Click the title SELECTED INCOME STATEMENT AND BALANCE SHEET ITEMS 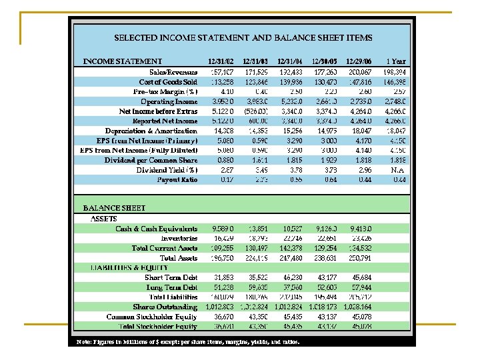[243, 38]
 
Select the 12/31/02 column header [221, 61]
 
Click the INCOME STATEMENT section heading [122, 61]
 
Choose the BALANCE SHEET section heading [114, 208]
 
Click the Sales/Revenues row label [173, 71]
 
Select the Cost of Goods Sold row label [168, 81]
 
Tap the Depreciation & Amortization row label [151, 131]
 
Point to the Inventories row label [179, 238]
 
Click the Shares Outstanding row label [165, 307]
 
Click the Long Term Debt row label [171, 287]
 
